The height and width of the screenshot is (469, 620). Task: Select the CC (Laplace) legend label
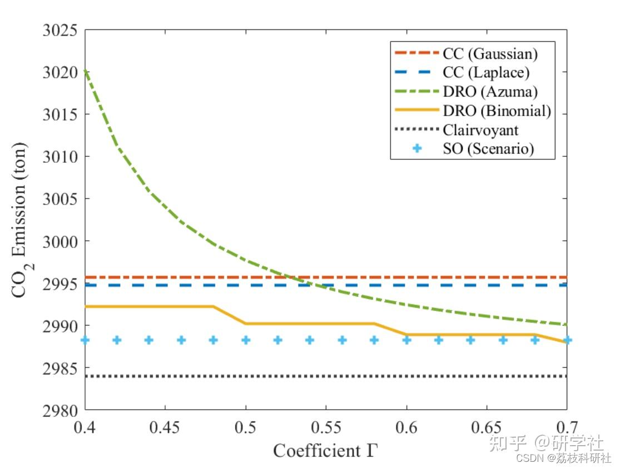[x=486, y=73]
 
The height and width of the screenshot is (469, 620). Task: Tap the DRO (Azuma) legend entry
[x=490, y=92]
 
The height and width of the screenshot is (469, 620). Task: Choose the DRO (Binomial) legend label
[x=497, y=111]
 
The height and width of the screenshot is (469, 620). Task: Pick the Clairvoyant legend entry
[x=480, y=130]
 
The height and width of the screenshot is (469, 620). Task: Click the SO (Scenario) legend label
[x=489, y=149]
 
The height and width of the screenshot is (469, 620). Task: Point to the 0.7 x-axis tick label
[x=567, y=427]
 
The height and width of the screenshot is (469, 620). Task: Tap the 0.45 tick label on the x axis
[x=165, y=427]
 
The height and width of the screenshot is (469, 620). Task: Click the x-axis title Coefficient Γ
[x=325, y=450]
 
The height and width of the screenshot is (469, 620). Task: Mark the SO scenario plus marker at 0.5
[x=246, y=340]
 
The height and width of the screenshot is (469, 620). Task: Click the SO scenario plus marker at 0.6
[x=406, y=340]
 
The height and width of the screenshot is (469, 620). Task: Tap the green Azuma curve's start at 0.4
[x=85, y=71]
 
